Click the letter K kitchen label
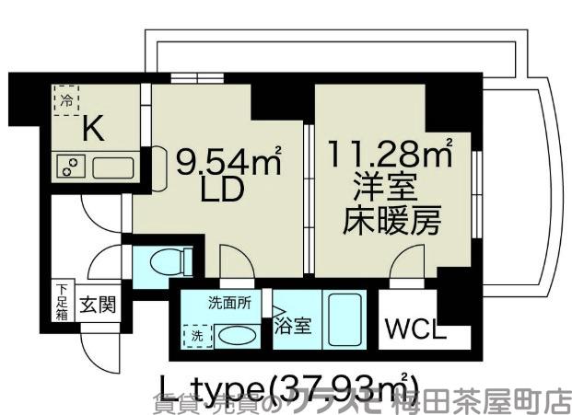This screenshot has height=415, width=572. coord(93,128)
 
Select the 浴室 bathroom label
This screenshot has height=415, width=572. coord(294,325)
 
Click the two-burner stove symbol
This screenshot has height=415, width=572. coord(70,167)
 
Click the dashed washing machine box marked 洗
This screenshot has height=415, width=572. coord(195,338)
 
